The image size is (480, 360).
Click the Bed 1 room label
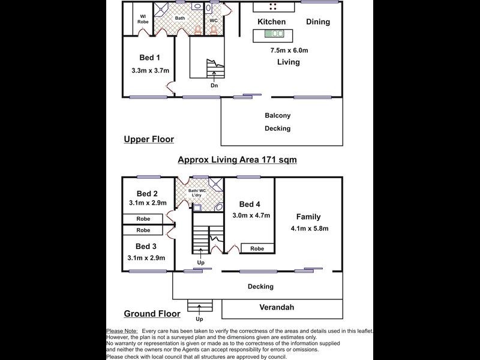149,58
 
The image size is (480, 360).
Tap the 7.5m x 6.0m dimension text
289,50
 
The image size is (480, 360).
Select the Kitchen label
271,22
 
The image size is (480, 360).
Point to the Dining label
318,22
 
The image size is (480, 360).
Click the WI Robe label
143,18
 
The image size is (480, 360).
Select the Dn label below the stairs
214,85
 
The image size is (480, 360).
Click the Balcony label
277,115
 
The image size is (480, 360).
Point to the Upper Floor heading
148,139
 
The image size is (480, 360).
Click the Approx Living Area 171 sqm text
238,160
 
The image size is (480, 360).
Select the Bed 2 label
147,193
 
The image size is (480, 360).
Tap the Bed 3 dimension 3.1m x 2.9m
146,258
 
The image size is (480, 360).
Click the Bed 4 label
249,204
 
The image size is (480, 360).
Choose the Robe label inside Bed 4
257,248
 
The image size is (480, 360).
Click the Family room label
308,217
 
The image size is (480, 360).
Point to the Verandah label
277,307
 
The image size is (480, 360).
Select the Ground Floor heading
152,313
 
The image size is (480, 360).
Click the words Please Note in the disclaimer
122,331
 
